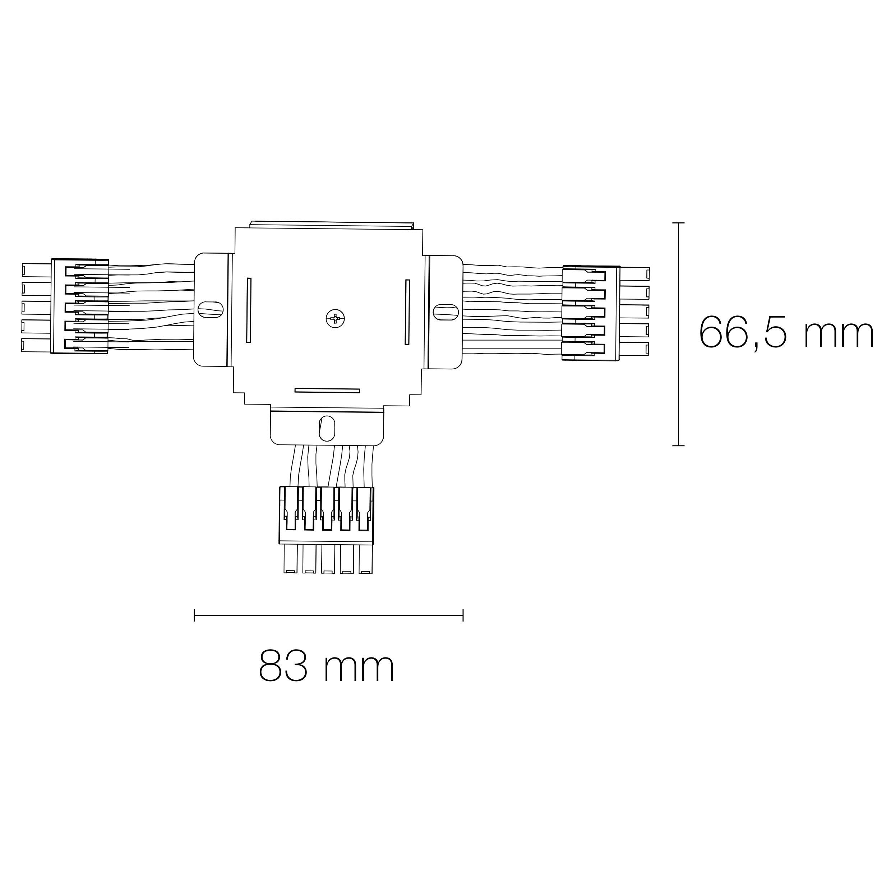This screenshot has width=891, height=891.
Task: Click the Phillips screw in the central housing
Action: click(335, 319)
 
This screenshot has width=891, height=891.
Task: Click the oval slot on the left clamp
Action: click(210, 309)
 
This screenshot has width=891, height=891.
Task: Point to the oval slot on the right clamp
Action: click(445, 312)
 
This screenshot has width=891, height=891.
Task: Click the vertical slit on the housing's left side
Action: click(249, 310)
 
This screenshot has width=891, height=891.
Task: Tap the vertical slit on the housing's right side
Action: click(407, 312)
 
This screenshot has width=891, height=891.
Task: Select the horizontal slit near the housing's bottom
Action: click(327, 390)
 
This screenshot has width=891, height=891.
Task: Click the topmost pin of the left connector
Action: click(36, 270)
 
